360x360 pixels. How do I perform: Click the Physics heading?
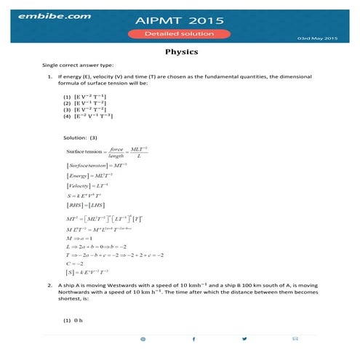pos(180,52)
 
